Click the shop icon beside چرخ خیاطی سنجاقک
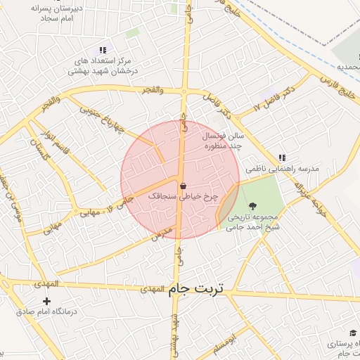coord(184,186)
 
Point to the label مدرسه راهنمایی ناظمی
coord(282,169)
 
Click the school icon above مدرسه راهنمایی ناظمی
coord(282,158)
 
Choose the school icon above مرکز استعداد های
coord(103,50)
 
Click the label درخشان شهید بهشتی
coord(103,71)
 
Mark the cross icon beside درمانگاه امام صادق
coord(47,302)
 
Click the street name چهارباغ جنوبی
coord(102,119)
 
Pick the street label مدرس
coord(161,235)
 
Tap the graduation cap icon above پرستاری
coord(352,333)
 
